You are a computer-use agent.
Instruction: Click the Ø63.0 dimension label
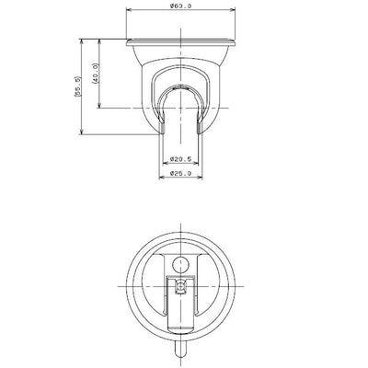click(180, 6)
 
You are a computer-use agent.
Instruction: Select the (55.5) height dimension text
click(77, 86)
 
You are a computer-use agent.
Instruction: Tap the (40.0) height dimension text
click(95, 74)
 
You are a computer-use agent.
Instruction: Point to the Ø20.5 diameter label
click(180, 159)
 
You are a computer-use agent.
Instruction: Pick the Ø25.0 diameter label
click(180, 173)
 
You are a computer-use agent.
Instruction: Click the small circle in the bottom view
click(180, 265)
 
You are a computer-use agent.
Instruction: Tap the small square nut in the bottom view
click(180, 286)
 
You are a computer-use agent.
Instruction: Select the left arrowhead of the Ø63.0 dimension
click(130, 10)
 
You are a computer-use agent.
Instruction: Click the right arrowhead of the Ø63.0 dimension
click(232, 10)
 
